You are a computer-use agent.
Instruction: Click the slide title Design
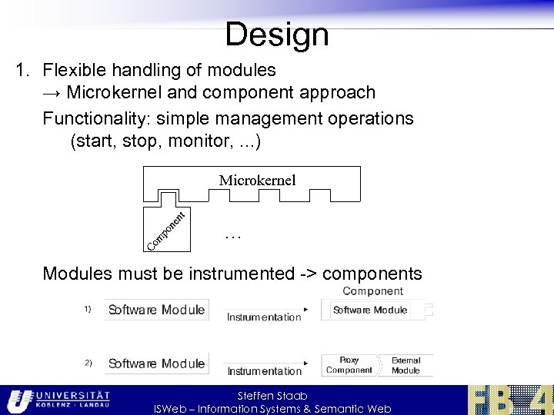(x=277, y=35)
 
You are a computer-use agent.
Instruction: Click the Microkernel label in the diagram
(x=257, y=181)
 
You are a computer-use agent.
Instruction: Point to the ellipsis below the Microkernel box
(x=233, y=237)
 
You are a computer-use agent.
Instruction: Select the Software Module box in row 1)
(x=156, y=310)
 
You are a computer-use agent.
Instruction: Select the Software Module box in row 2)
(x=156, y=364)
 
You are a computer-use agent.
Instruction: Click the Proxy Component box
(x=349, y=365)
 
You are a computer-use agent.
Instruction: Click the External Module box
(x=405, y=365)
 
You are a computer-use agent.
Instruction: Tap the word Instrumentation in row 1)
(x=264, y=317)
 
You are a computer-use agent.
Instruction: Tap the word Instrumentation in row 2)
(x=264, y=371)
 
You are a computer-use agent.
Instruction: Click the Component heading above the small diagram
(x=372, y=291)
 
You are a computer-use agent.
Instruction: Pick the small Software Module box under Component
(x=371, y=310)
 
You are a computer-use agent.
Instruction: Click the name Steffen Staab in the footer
(x=272, y=396)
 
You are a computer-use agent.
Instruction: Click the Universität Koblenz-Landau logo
(x=58, y=400)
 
